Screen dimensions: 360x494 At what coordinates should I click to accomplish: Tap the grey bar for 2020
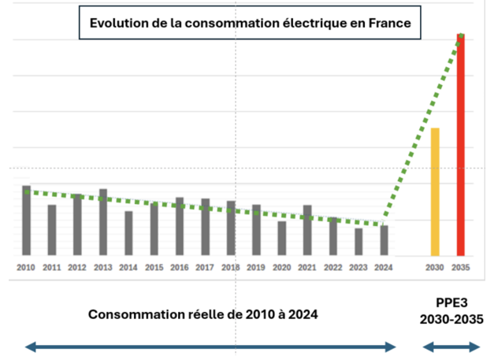(281, 238)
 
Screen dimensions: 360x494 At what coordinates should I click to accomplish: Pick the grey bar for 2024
(384, 240)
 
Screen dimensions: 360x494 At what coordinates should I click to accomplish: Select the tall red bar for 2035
(461, 145)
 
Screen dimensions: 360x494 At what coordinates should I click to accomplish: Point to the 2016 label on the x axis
(180, 268)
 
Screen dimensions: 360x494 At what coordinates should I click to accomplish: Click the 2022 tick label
(332, 268)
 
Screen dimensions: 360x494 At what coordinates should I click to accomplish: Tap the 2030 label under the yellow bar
(434, 268)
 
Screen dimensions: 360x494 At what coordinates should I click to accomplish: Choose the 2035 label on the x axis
(462, 268)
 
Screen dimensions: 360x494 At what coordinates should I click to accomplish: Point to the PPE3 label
(451, 302)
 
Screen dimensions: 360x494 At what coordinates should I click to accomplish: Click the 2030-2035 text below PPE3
(451, 321)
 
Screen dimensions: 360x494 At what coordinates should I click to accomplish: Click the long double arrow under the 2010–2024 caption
(210, 347)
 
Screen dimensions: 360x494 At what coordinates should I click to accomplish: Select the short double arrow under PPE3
(451, 347)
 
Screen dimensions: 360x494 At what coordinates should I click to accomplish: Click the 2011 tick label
(52, 268)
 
